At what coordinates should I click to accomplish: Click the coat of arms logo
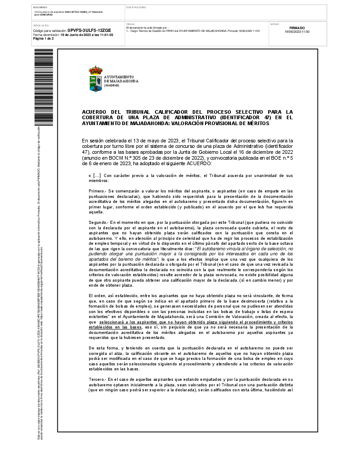pyautogui.click(x=95, y=79)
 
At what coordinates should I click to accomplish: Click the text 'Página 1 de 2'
pyautogui.click(x=43, y=39)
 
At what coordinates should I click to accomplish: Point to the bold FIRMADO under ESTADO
pyautogui.click(x=297, y=28)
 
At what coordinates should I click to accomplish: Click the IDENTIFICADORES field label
pyautogui.click(x=136, y=8)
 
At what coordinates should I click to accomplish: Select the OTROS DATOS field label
pyautogui.click(x=41, y=25)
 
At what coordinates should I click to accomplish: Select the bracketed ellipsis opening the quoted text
pyautogui.click(x=96, y=175)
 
